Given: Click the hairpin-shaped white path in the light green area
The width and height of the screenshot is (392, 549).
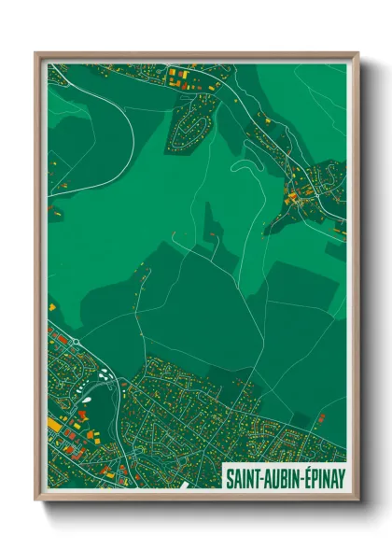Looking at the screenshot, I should point(245,166).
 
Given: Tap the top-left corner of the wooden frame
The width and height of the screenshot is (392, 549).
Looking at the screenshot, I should point(36,53).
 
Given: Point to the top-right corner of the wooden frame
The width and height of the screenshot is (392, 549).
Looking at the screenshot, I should point(357,53).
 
